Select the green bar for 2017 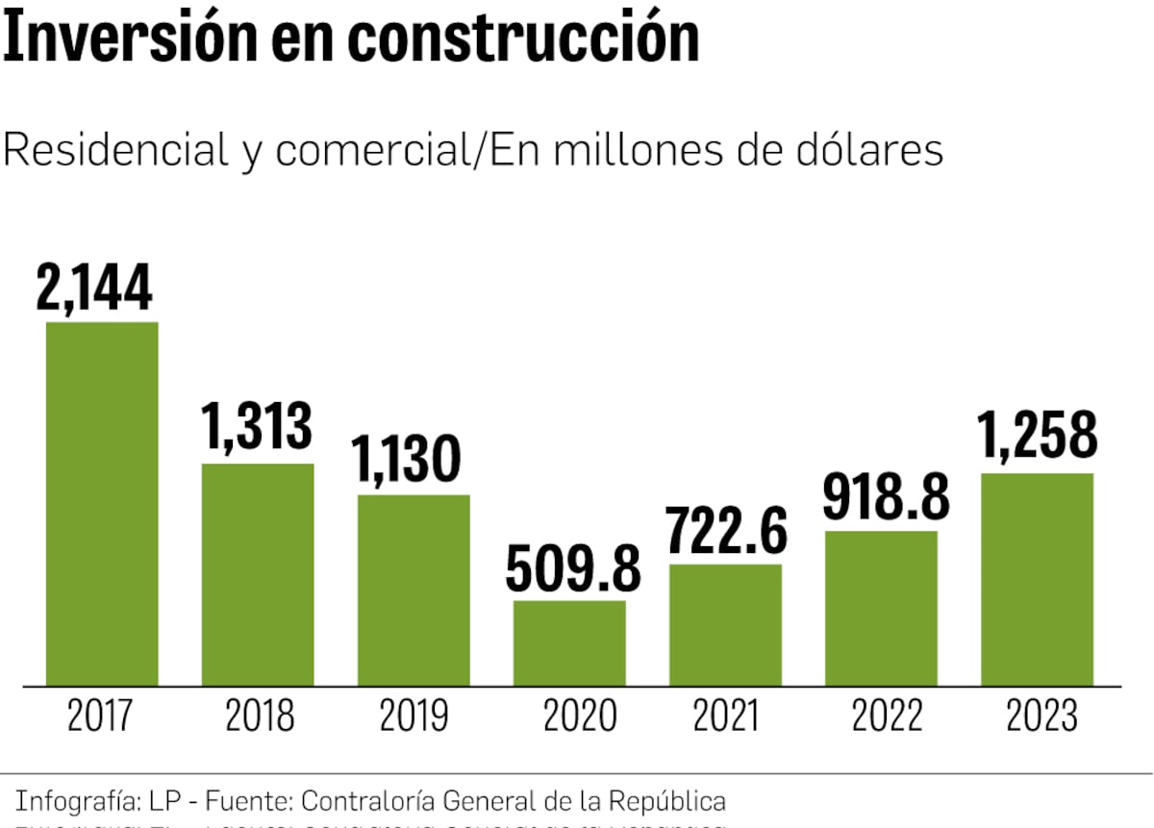pyautogui.click(x=102, y=504)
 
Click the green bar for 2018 pyautogui.click(x=258, y=575)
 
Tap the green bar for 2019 pyautogui.click(x=414, y=590)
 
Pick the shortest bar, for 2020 pyautogui.click(x=569, y=643)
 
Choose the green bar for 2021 pyautogui.click(x=725, y=625)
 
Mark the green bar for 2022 pyautogui.click(x=881, y=609)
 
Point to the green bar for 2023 pyautogui.click(x=1037, y=580)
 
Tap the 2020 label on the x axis pyautogui.click(x=578, y=716)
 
